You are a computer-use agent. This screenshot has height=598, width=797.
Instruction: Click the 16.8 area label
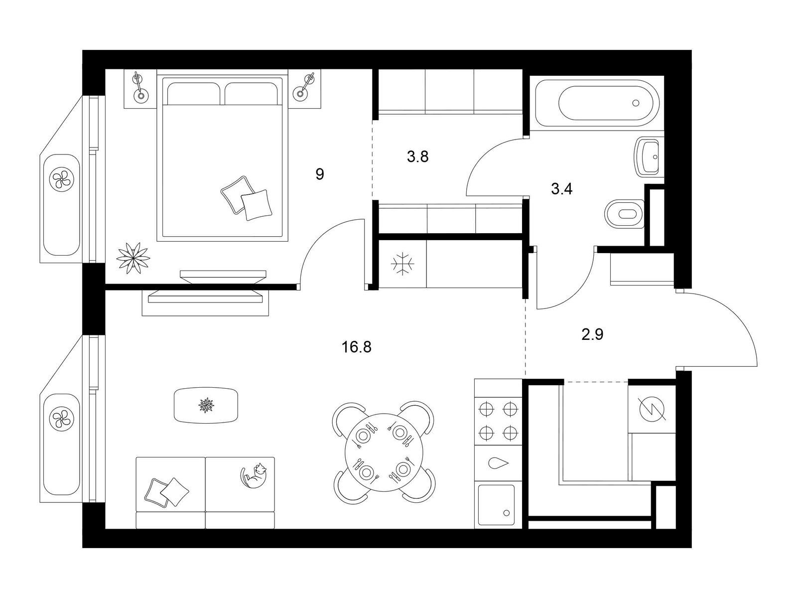point(356,347)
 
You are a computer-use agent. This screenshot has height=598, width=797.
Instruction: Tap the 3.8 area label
point(417,157)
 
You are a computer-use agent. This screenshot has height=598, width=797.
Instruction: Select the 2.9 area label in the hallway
point(592,334)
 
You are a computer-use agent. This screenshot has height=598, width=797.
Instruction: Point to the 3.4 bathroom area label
point(561,189)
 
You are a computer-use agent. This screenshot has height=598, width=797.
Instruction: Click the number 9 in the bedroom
point(319,174)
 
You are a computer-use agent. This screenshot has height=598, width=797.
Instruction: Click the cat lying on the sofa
point(254,476)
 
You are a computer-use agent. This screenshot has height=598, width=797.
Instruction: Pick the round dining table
point(384,451)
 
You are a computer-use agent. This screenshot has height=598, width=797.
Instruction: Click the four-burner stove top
point(498,421)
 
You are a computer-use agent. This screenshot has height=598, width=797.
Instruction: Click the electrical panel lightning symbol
point(652,409)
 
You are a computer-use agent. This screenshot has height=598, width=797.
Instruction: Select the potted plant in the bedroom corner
point(133,258)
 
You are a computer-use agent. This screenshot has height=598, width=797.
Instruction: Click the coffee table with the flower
point(206,405)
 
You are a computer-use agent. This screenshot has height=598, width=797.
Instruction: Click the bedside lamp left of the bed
point(139,88)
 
